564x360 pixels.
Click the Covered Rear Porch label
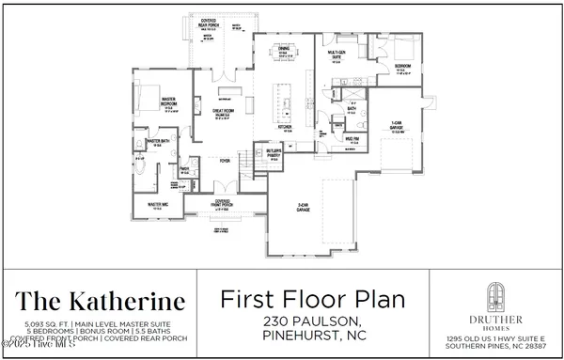222,21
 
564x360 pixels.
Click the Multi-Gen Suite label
339,55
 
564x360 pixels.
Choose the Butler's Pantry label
274,156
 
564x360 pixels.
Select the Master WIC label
156,205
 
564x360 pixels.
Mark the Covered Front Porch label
223,203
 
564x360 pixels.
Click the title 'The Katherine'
99,302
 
